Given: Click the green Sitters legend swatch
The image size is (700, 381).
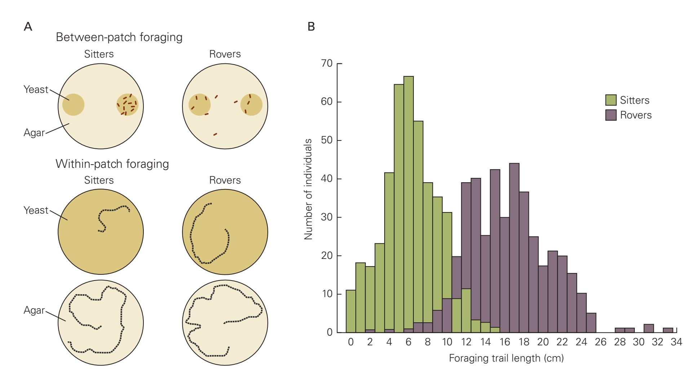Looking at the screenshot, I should coord(611,100).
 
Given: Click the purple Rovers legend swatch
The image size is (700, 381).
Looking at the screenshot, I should coord(611,115).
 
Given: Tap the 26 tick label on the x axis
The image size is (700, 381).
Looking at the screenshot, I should coord(601,342).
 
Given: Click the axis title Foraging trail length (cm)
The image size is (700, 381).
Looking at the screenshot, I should coord(506,359).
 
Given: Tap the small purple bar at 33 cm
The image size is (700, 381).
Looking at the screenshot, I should coord(668,330).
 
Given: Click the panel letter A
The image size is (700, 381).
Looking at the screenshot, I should coord(28,27).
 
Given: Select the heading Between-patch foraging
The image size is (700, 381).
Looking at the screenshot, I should coord(119,37).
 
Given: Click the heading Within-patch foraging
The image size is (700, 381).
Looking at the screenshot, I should coord(112,164).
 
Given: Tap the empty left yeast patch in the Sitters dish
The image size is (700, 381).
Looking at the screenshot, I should coord(74,105).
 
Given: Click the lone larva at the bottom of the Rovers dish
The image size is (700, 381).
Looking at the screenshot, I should coord(215,134).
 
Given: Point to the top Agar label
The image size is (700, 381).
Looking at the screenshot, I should coord(34,133).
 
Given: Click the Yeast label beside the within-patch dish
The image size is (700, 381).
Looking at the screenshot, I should coord(36,210).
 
